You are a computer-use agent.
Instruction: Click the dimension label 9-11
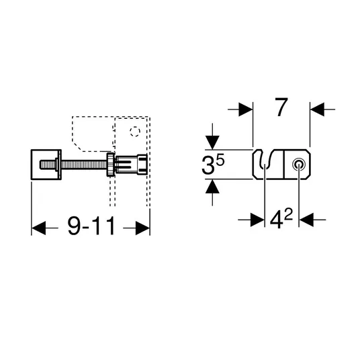91,226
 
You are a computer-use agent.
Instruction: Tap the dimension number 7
281,107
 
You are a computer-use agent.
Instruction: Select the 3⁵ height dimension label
213,164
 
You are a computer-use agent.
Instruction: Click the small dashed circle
135,132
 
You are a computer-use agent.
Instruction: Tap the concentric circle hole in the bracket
299,165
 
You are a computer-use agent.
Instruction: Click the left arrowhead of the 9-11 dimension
38,228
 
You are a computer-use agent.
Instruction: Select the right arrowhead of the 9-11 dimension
142,228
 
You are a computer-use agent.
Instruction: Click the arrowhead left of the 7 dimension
245,109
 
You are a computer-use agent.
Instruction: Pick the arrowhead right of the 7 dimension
317,109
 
